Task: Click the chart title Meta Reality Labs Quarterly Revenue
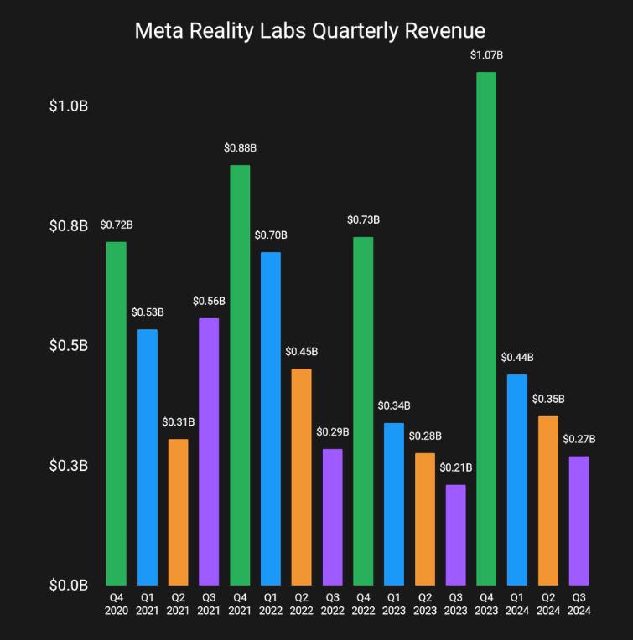pos(310,31)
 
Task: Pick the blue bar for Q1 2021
pos(148,457)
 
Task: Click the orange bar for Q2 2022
pos(301,477)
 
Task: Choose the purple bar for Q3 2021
pos(209,452)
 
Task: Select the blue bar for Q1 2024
pos(517,479)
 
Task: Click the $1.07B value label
pos(486,55)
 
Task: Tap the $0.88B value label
pos(240,148)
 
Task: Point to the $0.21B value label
pos(455,467)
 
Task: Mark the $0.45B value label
pos(301,352)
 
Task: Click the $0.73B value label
pos(363,220)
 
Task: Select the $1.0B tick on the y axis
pos(68,107)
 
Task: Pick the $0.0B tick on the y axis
pos(68,585)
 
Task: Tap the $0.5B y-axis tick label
pos(68,346)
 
